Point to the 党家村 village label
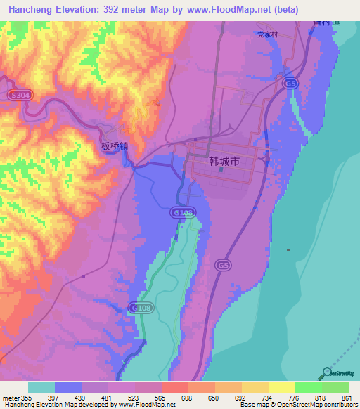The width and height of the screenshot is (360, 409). (x=268, y=34)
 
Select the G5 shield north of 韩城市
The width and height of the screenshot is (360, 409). (x=290, y=84)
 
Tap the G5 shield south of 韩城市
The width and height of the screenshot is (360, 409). (x=223, y=265)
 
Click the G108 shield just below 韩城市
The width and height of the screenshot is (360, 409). (x=181, y=212)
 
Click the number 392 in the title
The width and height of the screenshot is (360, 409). (x=117, y=9)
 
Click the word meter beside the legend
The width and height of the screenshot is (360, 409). (x=11, y=398)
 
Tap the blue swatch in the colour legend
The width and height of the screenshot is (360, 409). (x=68, y=387)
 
